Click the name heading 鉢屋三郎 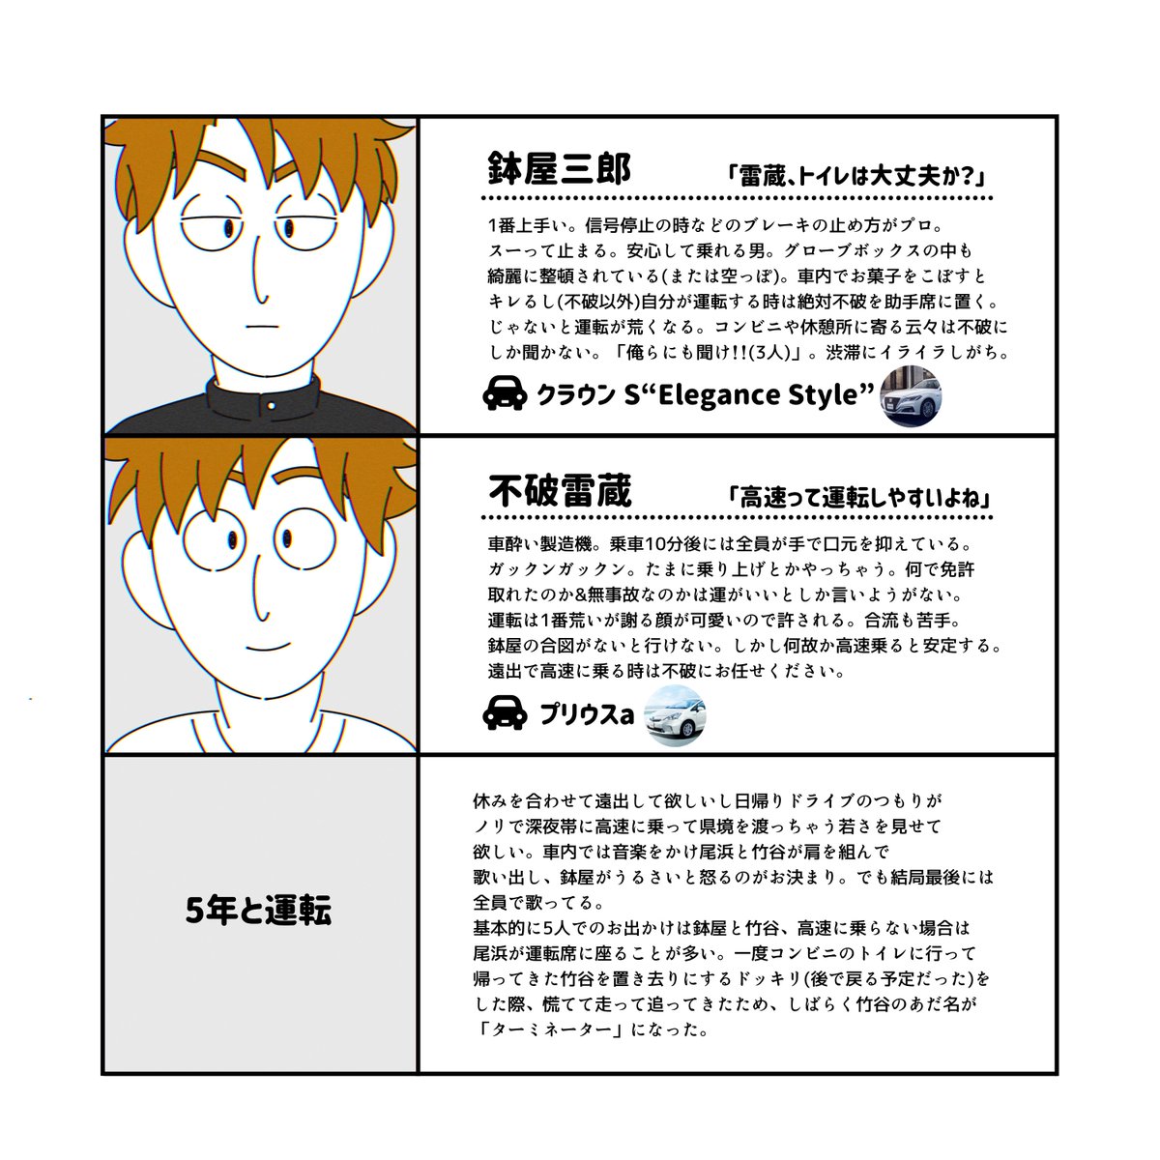click(559, 171)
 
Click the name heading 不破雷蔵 click(559, 492)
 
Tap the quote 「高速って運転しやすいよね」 click(861, 498)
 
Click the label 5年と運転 click(258, 911)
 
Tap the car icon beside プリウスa click(504, 714)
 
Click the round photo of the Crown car click(911, 394)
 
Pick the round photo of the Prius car click(675, 714)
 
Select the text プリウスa click(587, 715)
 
